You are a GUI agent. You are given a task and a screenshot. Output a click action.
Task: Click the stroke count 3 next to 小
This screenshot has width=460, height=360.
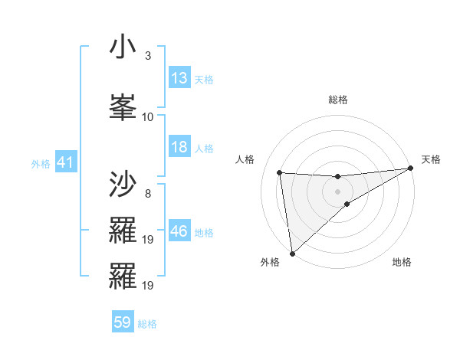click(147, 56)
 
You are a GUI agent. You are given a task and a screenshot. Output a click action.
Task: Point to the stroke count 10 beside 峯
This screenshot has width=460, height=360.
click(148, 116)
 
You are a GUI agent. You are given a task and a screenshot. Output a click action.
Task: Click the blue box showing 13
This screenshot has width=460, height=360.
click(179, 78)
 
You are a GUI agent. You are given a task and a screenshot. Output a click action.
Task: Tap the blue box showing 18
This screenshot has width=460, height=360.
click(179, 147)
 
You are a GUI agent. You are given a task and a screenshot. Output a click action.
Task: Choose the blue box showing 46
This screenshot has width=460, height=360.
click(179, 231)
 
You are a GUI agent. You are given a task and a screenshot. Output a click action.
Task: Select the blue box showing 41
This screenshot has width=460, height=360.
click(65, 162)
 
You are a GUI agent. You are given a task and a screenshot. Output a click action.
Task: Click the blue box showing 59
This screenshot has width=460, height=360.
click(123, 322)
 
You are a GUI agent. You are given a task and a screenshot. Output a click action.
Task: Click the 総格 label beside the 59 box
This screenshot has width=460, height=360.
click(147, 324)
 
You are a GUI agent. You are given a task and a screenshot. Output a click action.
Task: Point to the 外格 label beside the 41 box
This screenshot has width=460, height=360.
click(41, 163)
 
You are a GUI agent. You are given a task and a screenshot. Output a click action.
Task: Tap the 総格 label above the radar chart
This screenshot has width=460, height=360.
click(337, 100)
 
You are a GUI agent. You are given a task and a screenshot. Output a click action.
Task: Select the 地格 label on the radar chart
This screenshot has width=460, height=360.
click(402, 262)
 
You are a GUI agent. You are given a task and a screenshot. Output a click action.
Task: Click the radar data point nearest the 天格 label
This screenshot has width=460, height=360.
click(411, 169)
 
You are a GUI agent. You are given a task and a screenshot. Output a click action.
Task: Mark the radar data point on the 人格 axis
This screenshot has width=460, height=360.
click(279, 172)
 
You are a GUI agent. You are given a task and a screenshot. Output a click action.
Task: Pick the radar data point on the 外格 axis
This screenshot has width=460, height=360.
click(291, 253)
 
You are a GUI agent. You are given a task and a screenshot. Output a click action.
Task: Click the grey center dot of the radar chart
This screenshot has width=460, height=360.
click(337, 191)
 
